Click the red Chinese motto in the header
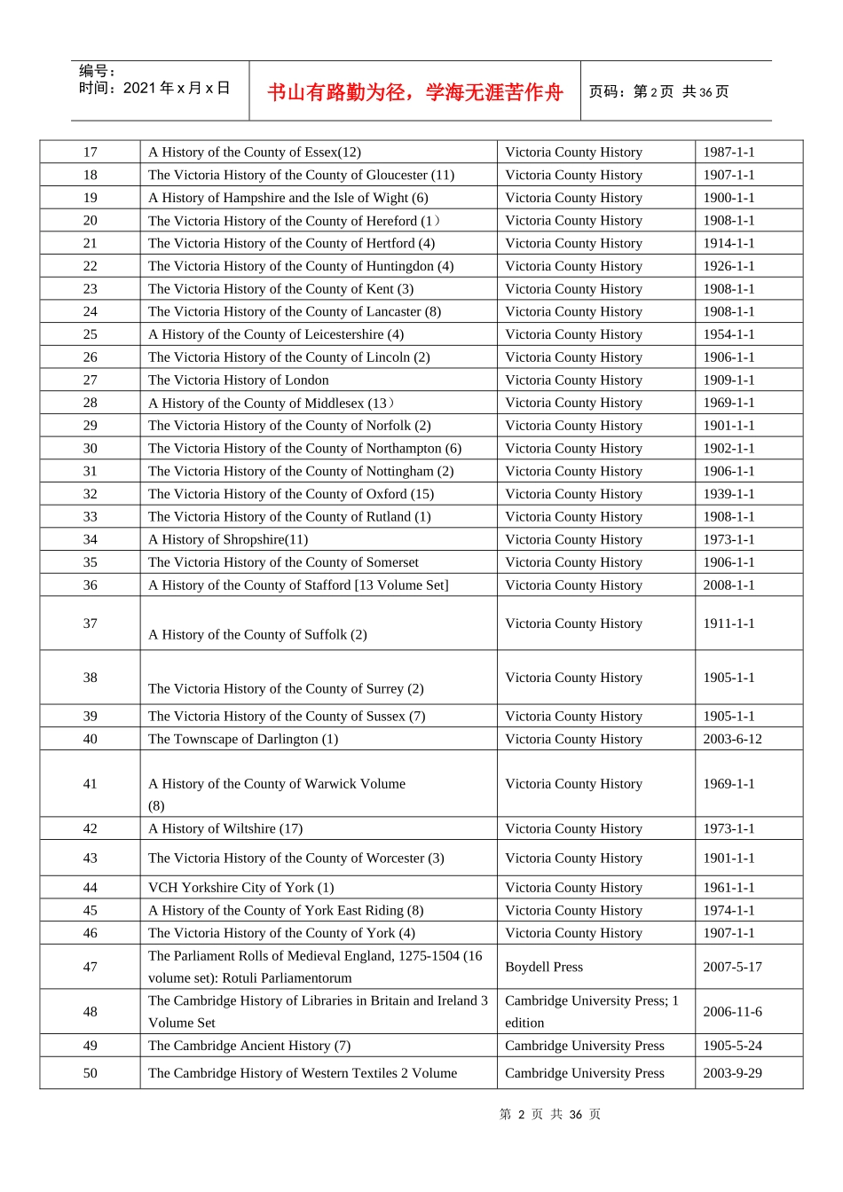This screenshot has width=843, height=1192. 415,92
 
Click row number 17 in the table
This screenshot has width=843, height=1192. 91,153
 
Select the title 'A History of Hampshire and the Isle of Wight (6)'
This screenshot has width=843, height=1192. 288,198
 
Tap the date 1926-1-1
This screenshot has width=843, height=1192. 729,266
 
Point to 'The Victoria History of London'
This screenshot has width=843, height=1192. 238,380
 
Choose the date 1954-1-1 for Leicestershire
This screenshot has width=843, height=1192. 729,334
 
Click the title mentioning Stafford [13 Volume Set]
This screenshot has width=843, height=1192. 298,585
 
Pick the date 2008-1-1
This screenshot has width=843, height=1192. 729,585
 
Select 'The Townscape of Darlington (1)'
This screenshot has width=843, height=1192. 242,740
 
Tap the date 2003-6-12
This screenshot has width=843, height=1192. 732,740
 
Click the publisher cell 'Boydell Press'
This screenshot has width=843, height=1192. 544,968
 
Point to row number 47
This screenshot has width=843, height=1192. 91,968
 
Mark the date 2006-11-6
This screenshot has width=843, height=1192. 732,1012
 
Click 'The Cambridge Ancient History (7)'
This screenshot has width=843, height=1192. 248,1047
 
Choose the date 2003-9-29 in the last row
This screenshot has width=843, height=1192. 732,1073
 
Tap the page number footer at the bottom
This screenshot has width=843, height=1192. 550,1115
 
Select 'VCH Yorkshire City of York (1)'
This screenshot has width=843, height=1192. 240,888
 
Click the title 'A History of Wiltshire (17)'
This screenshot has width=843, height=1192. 225,829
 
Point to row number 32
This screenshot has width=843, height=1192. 91,494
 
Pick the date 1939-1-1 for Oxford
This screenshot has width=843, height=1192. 729,494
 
